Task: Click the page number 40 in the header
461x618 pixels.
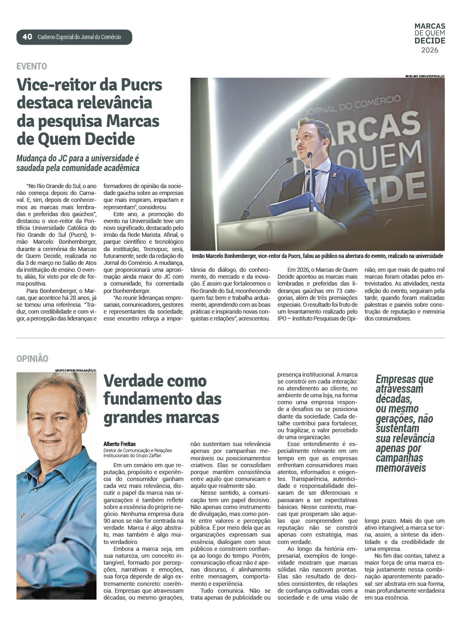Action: click(27, 37)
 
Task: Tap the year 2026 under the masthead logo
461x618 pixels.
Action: click(430, 50)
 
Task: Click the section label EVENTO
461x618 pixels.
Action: click(32, 66)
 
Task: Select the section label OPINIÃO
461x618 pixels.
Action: click(32, 359)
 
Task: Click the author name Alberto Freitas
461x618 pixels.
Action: click(120, 444)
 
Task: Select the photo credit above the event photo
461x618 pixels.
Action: click(425, 76)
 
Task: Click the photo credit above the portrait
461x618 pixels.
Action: click(76, 370)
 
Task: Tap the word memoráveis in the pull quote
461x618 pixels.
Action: click(401, 468)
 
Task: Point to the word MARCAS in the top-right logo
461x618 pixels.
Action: click(430, 27)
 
